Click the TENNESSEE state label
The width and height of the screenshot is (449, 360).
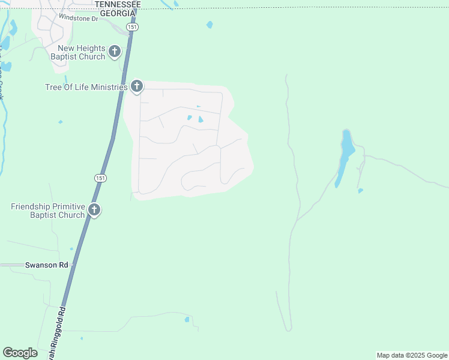[118, 4]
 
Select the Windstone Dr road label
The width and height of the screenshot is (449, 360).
[78, 19]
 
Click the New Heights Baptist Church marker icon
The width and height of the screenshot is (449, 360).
[114, 53]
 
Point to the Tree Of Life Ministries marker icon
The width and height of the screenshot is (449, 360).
[137, 87]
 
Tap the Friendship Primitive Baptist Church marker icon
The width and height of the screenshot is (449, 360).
[94, 210]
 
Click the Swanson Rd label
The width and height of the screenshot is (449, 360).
[47, 265]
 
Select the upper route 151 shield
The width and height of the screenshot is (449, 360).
[132, 28]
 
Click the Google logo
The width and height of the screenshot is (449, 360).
[20, 353]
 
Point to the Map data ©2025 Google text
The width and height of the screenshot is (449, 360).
[412, 355]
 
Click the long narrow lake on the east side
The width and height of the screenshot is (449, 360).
[345, 153]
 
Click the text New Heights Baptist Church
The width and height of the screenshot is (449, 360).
[81, 52]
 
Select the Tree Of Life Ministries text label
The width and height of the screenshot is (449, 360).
[86, 87]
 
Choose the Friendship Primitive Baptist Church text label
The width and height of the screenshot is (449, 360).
[48, 211]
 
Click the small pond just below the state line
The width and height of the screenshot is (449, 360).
[209, 25]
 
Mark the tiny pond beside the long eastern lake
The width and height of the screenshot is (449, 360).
[360, 191]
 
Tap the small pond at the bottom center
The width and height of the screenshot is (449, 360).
[187, 319]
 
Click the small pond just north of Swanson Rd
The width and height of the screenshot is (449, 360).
[71, 248]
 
